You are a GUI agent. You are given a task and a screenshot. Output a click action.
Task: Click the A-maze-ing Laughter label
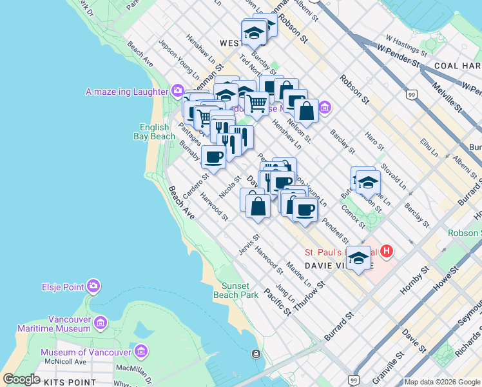(127, 92)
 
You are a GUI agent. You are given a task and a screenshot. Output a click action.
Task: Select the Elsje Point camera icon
(93, 285)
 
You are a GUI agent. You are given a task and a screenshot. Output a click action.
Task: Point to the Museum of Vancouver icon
(142, 352)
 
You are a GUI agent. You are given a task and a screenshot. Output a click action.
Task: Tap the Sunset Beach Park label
(240, 290)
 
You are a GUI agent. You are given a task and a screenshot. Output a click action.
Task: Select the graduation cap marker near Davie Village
(358, 259)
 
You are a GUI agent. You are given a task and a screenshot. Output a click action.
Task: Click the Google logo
(21, 379)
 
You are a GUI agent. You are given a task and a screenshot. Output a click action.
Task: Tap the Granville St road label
(387, 364)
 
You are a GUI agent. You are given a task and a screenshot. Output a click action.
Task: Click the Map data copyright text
(441, 382)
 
